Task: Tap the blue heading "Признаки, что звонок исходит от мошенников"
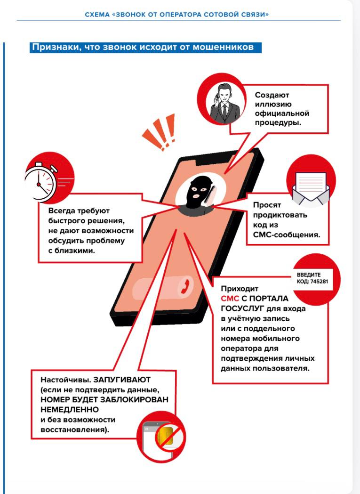144,48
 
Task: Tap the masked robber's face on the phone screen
195,193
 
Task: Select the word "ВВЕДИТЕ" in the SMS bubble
309,275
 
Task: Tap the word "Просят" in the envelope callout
267,205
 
